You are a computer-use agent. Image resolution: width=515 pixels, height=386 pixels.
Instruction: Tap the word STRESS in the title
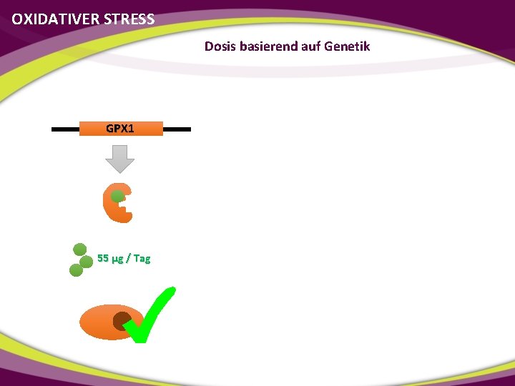129,19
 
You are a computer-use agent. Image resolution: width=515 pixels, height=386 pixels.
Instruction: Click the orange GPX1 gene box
120,129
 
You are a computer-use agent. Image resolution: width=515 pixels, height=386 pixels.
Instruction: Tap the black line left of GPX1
64,129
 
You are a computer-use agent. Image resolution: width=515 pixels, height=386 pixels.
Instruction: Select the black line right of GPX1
177,129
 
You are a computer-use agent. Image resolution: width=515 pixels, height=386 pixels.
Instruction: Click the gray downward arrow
120,158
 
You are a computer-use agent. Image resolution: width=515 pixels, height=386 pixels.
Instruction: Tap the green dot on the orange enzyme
118,195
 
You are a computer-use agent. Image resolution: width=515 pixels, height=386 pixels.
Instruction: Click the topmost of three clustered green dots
80,249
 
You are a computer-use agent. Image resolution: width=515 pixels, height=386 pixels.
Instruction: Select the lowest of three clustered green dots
76,270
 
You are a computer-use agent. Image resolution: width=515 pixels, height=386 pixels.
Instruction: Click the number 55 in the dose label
102,258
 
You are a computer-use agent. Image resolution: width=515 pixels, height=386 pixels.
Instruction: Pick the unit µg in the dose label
118,259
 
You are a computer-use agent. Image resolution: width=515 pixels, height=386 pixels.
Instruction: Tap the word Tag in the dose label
142,258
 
